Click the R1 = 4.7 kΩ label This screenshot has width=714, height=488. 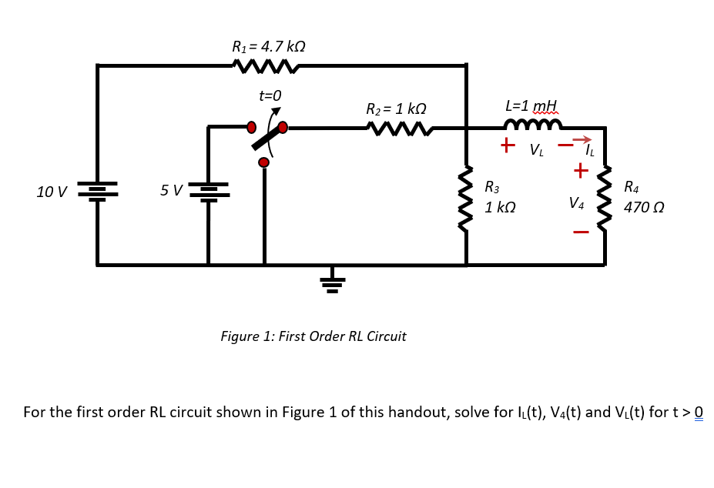pos(269,46)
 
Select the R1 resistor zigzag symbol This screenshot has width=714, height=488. pos(265,68)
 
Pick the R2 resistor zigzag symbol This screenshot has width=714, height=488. pos(400,129)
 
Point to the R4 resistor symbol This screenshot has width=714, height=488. pos(605,199)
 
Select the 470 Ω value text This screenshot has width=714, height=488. pos(644,208)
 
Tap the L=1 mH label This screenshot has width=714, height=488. pos(531,105)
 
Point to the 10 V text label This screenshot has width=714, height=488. pos(52,191)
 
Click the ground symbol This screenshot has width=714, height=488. pos(333,282)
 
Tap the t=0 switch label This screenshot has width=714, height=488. pos(270,95)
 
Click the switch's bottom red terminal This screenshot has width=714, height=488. pos(264,162)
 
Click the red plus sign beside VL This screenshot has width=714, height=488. pos(508,144)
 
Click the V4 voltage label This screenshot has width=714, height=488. pos(576,203)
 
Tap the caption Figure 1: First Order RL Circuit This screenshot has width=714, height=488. pos(313,336)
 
